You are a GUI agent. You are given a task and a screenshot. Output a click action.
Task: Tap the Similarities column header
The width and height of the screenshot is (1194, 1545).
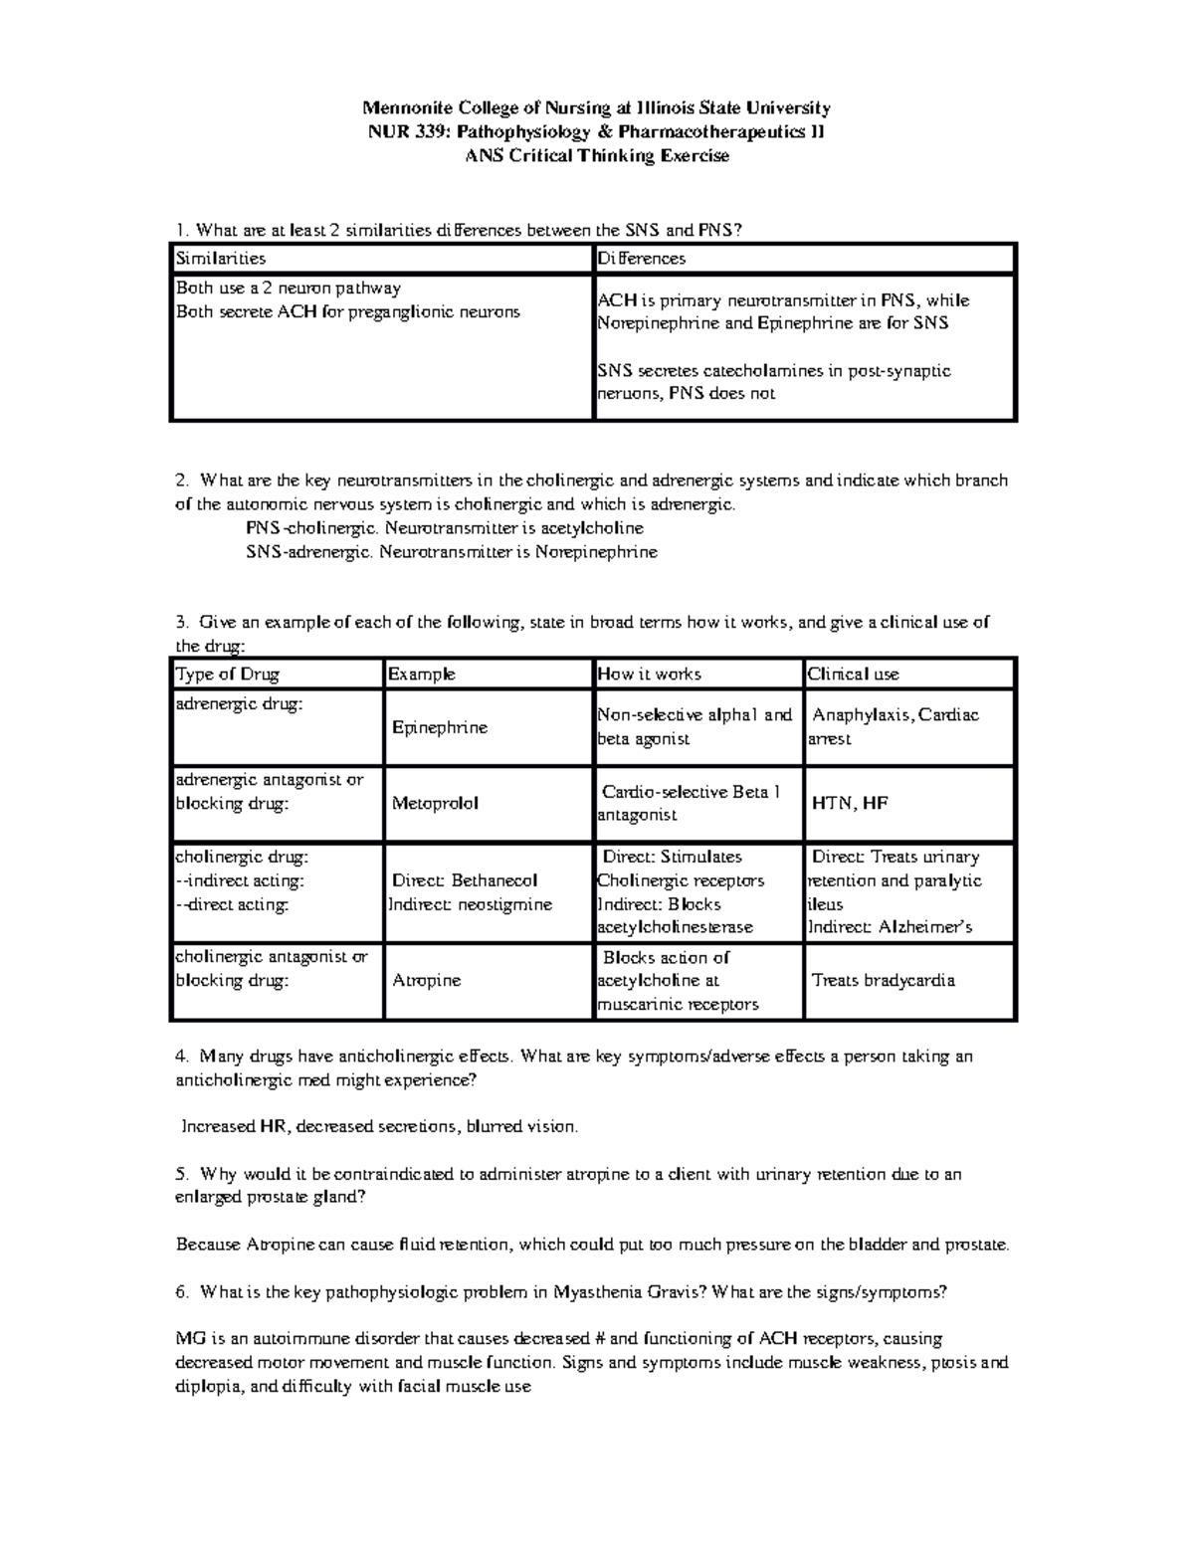[x=221, y=259]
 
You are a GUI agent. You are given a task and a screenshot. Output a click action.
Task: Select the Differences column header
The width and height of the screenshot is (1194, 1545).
[x=641, y=259]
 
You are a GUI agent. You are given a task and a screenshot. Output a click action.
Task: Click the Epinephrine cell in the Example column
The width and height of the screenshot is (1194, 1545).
[x=439, y=727]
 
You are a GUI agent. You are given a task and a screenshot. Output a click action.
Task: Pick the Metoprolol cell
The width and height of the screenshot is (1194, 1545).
[x=435, y=803]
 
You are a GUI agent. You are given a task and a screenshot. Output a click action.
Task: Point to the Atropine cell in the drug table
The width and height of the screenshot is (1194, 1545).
[x=427, y=980]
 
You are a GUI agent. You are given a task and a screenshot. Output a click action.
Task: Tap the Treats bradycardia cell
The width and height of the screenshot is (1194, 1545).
[x=884, y=980]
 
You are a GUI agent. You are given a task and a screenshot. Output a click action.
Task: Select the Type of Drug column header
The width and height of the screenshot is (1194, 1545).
[x=228, y=674]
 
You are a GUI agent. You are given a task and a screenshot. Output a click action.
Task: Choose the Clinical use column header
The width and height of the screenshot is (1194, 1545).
[x=854, y=674]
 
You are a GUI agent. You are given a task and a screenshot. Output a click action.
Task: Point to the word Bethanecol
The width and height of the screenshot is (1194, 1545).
[x=494, y=880]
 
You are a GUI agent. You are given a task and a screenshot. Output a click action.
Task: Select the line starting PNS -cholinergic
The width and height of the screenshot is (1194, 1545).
[x=444, y=527]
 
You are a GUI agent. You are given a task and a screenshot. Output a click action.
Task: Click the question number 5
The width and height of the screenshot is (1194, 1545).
[x=180, y=1174]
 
